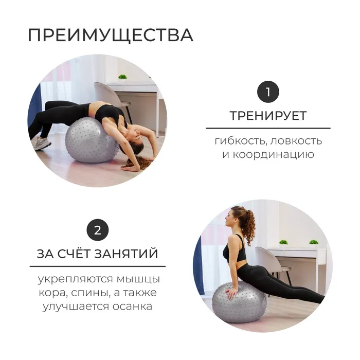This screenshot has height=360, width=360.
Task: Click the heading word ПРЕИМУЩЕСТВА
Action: (111, 35)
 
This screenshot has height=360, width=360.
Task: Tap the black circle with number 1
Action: (268, 92)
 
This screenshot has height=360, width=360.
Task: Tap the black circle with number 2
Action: (98, 230)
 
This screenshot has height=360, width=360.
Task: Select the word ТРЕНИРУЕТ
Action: (268, 116)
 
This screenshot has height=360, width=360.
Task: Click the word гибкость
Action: (240, 141)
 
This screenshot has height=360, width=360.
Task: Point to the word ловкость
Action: (296, 141)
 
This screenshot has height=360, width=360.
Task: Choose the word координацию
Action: (273, 154)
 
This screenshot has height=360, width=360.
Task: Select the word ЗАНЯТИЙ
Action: (127, 254)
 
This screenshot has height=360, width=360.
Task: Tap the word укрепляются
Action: (75, 279)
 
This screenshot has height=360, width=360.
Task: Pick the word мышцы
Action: (138, 280)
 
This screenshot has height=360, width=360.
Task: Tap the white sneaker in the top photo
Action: (43, 143)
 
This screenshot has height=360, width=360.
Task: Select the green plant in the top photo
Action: (122, 77)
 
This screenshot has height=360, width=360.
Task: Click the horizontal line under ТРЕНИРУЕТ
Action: (268, 128)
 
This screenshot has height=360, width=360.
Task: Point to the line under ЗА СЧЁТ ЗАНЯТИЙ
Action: (98, 266)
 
